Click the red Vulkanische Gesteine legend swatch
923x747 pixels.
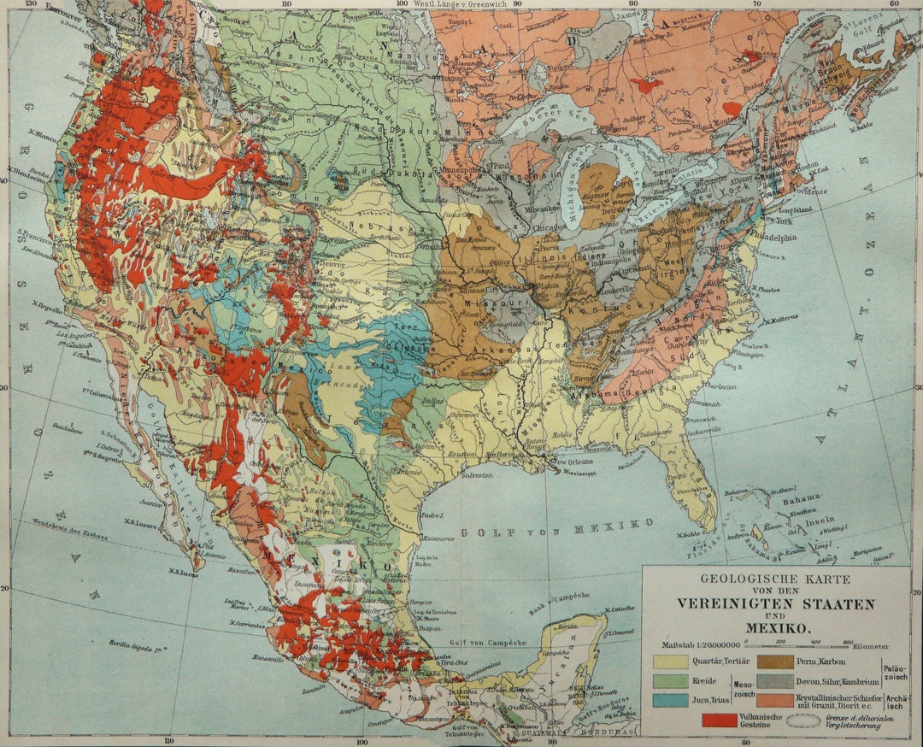[x=719, y=721]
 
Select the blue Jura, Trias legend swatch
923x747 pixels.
[x=670, y=701]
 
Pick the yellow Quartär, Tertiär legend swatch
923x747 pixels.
[x=670, y=662]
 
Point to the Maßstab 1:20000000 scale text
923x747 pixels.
[x=696, y=644]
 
